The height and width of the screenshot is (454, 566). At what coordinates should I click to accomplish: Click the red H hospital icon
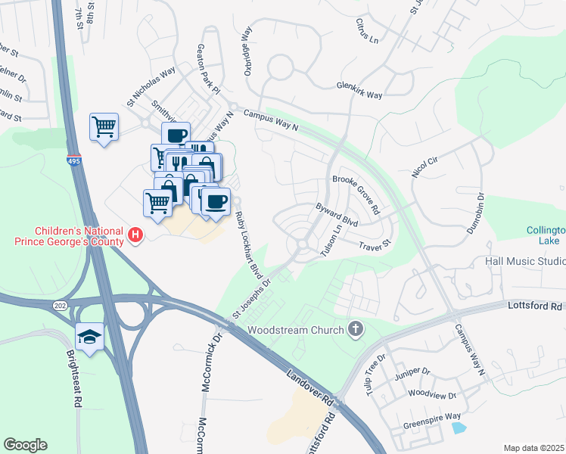[135, 235]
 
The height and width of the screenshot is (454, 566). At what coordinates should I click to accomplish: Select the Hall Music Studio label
[524, 261]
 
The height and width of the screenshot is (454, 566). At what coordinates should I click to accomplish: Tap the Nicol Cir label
[427, 166]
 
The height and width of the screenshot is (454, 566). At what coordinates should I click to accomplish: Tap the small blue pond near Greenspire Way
[458, 428]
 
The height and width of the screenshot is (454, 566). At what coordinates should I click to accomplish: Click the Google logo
[25, 445]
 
